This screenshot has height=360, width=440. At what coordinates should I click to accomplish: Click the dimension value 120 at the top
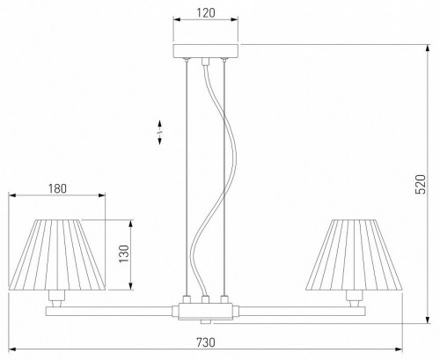(x=206, y=14)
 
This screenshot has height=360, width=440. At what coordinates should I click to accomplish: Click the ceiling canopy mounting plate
(x=206, y=51)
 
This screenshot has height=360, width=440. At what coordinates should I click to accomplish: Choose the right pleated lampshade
(x=354, y=253)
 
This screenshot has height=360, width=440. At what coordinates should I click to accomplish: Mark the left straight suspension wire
(x=187, y=176)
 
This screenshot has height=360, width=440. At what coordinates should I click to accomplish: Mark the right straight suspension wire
(x=225, y=176)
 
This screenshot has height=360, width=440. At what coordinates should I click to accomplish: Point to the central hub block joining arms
(x=206, y=310)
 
